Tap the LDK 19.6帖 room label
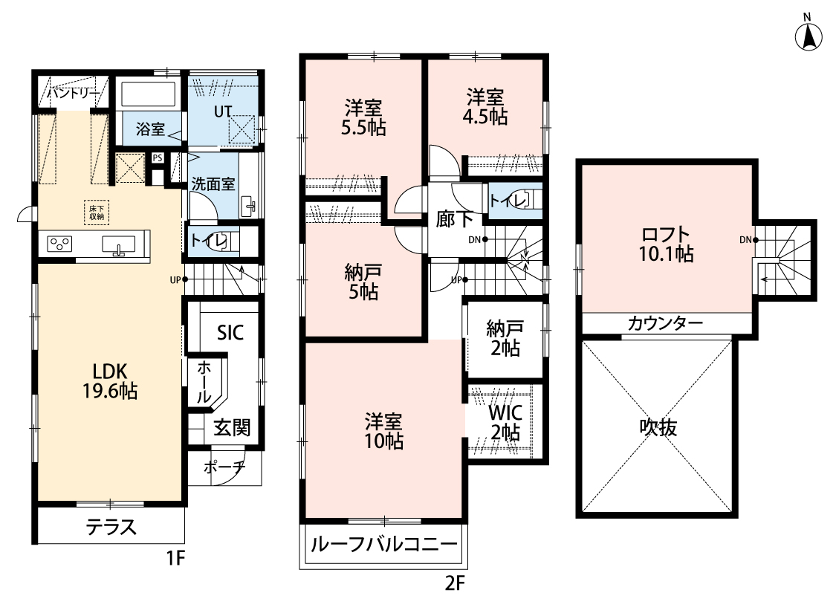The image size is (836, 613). (110, 381)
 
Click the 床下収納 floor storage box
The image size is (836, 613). (97, 212)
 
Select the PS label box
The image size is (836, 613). (158, 158)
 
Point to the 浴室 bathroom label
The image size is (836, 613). (150, 129)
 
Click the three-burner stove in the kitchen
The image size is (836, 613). (59, 244)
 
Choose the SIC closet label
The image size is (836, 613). (230, 333)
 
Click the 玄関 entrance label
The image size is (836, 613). (232, 427)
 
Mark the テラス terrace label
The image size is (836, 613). (111, 527)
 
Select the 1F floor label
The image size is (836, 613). (175, 558)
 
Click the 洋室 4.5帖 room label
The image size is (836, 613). (485, 107)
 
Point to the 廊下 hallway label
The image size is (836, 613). (454, 219)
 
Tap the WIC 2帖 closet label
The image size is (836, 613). (505, 422)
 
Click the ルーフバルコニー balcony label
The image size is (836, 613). (384, 544)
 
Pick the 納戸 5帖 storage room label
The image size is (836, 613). (363, 282)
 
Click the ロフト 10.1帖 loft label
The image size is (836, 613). (667, 244)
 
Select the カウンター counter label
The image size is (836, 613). (665, 323)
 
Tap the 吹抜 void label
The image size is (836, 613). (658, 427)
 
